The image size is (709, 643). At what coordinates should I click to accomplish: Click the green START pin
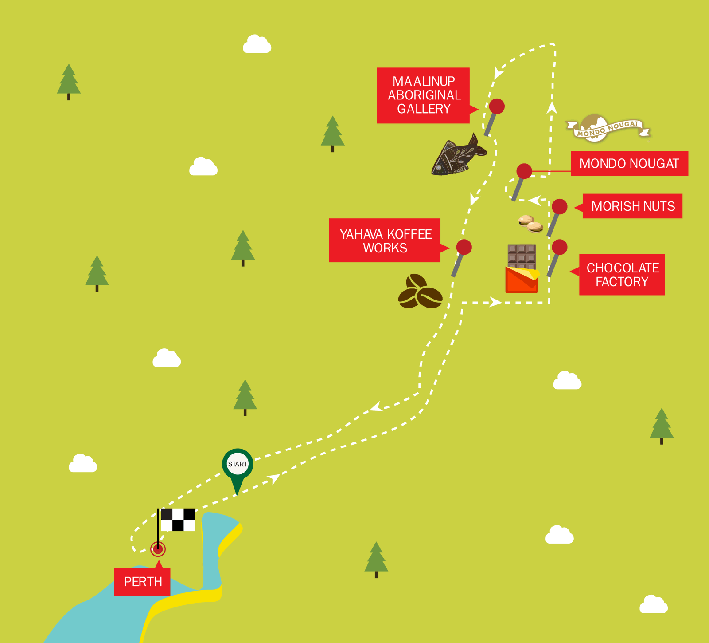tap(238, 464)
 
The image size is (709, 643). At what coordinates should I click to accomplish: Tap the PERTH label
tap(142, 582)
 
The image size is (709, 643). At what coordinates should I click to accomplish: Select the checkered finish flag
tap(177, 520)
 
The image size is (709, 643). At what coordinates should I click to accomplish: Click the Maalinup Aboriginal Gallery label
tap(423, 95)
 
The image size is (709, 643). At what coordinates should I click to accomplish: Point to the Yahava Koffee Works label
tap(385, 241)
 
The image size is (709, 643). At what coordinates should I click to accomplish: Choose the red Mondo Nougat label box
tap(629, 163)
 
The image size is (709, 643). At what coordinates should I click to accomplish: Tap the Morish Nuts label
tap(633, 206)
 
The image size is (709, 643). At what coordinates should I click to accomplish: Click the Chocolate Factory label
tap(622, 275)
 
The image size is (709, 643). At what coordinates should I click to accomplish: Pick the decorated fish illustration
tap(459, 156)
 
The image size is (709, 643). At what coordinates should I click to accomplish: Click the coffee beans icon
tap(420, 292)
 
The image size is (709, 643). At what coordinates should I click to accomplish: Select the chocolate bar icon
tap(522, 268)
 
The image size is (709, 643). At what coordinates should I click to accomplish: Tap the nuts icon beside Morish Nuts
tap(531, 224)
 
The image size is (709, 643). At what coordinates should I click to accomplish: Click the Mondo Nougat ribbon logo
tap(608, 128)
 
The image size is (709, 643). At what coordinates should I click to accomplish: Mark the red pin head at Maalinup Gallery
tap(497, 107)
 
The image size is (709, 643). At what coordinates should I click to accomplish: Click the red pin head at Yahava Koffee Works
tap(464, 247)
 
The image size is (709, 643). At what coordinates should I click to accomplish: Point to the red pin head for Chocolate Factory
tap(560, 247)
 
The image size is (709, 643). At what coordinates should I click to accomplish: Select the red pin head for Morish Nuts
tap(560, 206)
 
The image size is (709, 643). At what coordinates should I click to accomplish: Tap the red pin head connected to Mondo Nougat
tap(524, 171)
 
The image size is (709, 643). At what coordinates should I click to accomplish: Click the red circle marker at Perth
tap(158, 549)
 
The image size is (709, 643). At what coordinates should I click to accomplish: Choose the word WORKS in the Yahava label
tap(385, 248)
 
